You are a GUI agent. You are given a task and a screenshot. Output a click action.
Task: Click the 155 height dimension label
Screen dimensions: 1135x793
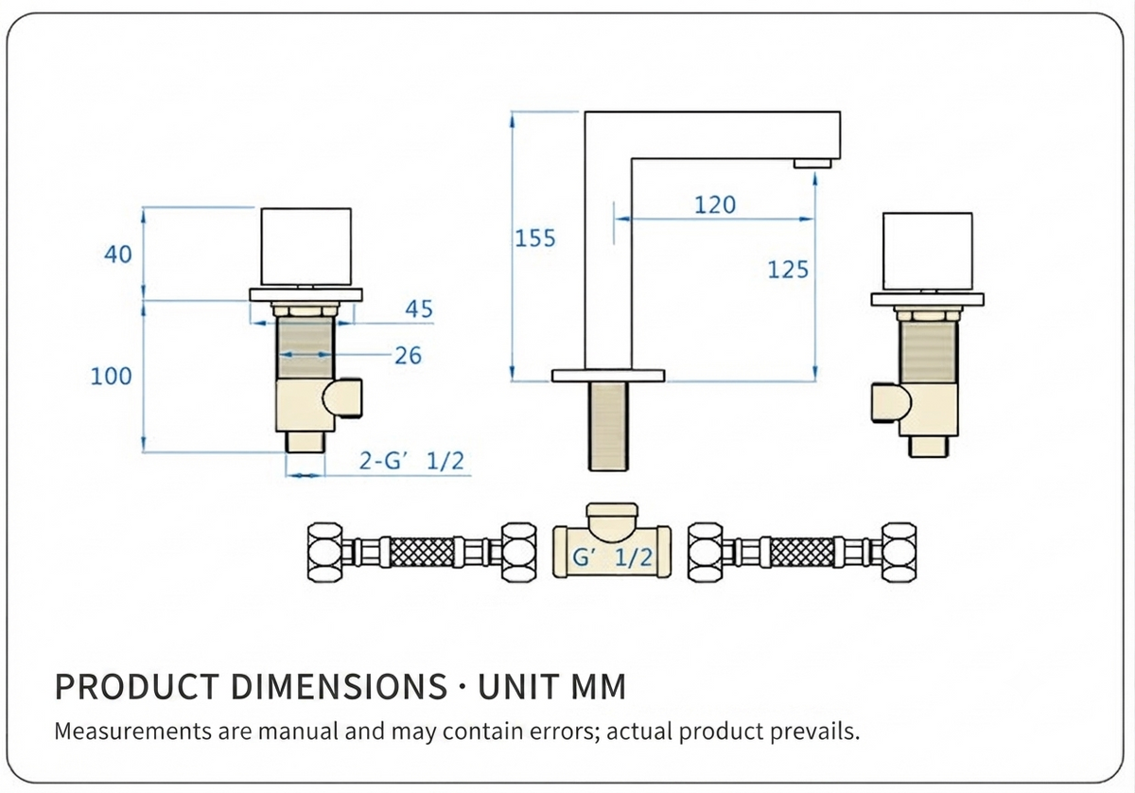[535, 238]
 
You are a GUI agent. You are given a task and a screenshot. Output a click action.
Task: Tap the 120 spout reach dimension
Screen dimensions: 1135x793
[714, 204]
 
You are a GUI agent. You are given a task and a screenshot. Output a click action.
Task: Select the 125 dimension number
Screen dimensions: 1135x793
[788, 270]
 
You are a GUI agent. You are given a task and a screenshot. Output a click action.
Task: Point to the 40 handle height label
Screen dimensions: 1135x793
[118, 254]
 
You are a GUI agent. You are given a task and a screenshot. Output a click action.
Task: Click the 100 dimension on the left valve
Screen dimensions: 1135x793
[111, 377]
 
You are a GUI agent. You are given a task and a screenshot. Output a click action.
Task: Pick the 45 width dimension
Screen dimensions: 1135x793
[419, 308]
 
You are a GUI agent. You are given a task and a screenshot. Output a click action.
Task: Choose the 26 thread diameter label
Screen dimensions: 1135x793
[408, 356]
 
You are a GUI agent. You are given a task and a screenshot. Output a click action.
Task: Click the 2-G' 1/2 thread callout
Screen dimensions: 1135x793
[411, 461]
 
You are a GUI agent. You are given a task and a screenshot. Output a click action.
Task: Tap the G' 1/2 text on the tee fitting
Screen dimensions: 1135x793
[612, 557]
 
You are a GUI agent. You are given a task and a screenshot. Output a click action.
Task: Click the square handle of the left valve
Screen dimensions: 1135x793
[306, 246]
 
